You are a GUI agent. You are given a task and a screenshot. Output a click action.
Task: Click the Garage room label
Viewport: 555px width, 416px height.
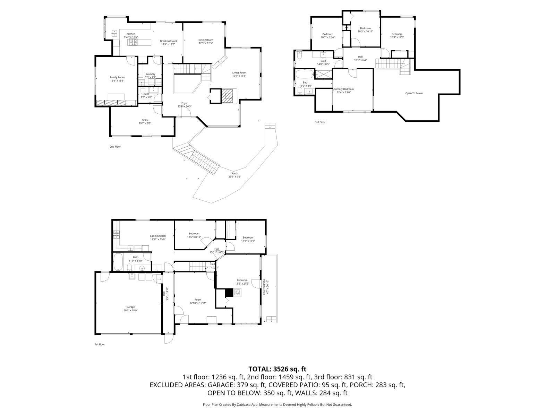[x=130, y=307]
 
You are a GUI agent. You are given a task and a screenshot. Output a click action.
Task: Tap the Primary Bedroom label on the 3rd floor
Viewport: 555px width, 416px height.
[x=343, y=89]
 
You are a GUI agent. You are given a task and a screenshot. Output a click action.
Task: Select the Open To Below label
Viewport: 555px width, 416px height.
[x=414, y=93]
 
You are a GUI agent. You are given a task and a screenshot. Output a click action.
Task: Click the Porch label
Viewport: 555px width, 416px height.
[x=235, y=173]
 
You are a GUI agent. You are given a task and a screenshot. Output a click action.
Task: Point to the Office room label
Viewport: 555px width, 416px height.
[x=145, y=120]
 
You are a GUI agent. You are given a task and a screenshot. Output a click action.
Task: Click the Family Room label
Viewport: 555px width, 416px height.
[x=117, y=77]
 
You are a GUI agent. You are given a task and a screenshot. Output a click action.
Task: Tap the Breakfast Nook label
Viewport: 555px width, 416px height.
[x=169, y=41]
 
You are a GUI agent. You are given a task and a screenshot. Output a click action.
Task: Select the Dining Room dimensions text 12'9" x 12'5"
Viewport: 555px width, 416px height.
[x=206, y=43]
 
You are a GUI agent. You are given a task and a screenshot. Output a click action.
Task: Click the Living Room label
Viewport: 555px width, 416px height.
[x=239, y=73]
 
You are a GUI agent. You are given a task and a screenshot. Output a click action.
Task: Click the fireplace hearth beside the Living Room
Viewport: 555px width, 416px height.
[x=228, y=95]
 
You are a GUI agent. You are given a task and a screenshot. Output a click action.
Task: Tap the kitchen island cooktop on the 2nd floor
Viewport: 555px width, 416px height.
[x=133, y=42]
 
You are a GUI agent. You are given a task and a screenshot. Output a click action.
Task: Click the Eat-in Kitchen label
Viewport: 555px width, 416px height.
[x=158, y=236]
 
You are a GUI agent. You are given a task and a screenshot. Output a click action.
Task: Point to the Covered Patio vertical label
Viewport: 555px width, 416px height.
[x=264, y=287]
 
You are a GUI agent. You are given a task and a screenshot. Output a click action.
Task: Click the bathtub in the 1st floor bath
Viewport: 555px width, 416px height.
[x=118, y=262]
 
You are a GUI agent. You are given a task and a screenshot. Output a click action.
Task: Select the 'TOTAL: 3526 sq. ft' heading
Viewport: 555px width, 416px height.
[x=277, y=369]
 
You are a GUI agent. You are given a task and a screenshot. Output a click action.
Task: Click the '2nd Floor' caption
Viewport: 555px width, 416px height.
[x=115, y=147]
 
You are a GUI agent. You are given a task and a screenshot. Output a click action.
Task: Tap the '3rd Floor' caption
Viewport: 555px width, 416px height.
[x=320, y=122]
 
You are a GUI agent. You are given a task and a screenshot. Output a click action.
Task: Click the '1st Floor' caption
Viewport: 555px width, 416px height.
[x=100, y=344]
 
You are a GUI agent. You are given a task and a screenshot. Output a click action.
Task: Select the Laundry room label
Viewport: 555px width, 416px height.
[x=151, y=74]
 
